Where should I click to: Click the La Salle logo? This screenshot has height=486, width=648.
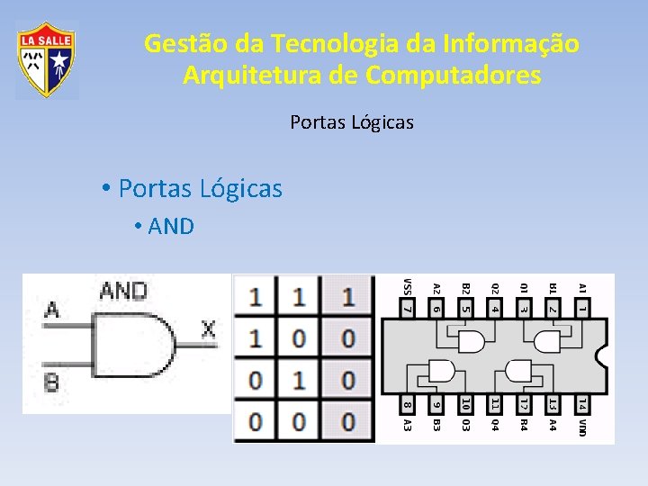tap(47, 60)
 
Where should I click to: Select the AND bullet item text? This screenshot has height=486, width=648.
tap(171, 226)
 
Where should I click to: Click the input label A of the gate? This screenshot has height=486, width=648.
tap(52, 310)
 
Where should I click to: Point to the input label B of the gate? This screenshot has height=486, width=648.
tap(51, 382)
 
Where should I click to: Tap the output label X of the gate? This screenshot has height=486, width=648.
tap(208, 329)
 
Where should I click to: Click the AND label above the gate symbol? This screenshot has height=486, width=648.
tap(123, 291)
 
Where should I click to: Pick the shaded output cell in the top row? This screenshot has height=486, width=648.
tap(348, 297)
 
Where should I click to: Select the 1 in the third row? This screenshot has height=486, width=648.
tap(299, 380)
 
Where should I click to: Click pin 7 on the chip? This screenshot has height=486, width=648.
tap(408, 309)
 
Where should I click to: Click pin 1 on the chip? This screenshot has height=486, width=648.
tap(582, 309)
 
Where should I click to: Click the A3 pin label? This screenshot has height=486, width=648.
tap(408, 424)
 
